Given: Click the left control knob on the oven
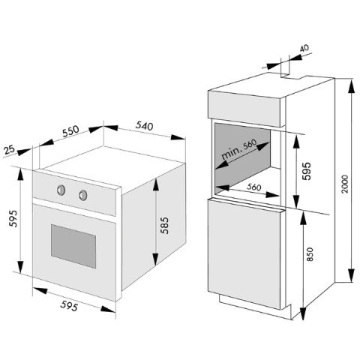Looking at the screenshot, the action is [x=61, y=190].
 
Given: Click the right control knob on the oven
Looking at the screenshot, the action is [x=83, y=195].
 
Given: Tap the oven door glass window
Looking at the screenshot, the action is [x=73, y=246].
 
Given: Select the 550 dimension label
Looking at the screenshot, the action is [x=70, y=131].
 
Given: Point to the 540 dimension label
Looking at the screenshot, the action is [x=144, y=126].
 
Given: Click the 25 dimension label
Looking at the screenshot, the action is [x=10, y=150].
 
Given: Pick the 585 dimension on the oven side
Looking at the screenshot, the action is [x=164, y=225].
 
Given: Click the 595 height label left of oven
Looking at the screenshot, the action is [x=13, y=218].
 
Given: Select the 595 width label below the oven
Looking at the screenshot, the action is [x=69, y=306].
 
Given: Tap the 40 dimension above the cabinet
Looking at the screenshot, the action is [x=304, y=48].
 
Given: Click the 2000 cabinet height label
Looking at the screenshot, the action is [x=345, y=184].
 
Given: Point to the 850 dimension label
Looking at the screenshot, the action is [x=310, y=254].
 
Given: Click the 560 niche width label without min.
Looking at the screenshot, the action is [x=254, y=187].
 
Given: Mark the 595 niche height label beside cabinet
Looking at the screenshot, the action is [x=307, y=171].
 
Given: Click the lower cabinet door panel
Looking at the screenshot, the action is [x=245, y=253].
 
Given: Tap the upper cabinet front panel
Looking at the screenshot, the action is [x=246, y=109].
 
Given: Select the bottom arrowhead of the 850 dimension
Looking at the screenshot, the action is [x=303, y=313].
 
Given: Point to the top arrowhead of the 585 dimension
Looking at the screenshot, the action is [x=156, y=185].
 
